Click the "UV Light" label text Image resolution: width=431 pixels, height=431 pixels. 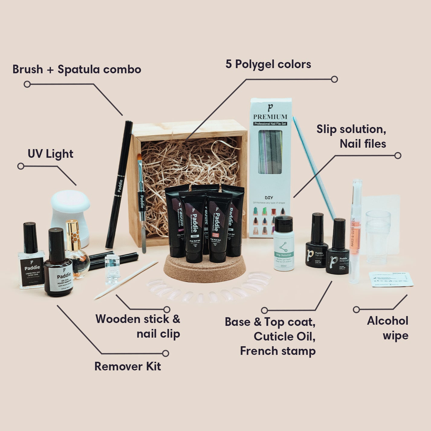pyautogui.click(x=50, y=154)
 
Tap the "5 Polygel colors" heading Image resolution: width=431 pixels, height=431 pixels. pyautogui.click(x=268, y=64)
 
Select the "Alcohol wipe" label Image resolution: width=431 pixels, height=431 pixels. pyautogui.click(x=387, y=328)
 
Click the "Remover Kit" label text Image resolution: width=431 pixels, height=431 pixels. pyautogui.click(x=128, y=366)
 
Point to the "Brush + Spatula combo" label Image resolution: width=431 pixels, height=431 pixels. pyautogui.click(x=77, y=70)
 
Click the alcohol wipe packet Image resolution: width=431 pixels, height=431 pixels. pyautogui.click(x=391, y=279)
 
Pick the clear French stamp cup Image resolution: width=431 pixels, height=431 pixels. pyautogui.click(x=378, y=237)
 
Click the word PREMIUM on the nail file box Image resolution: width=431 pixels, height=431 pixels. pyautogui.click(x=270, y=117)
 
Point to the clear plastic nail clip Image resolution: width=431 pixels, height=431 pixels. pyautogui.click(x=112, y=269)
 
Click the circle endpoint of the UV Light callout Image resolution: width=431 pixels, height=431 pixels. pyautogui.click(x=21, y=166)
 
